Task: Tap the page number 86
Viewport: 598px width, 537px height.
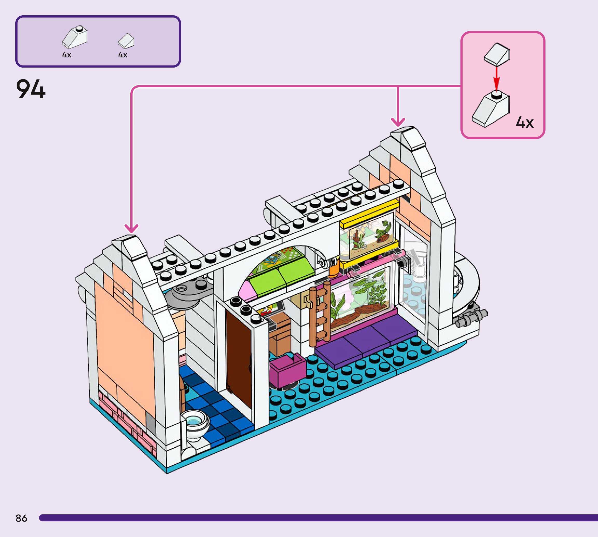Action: (x=21, y=518)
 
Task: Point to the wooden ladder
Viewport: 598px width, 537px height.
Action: (x=320, y=313)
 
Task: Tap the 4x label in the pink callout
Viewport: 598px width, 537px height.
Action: (x=525, y=122)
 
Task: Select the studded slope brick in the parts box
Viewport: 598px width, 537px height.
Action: (x=75, y=37)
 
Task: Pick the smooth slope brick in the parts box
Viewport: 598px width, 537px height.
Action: (x=126, y=41)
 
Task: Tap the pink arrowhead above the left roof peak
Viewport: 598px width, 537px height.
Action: (x=131, y=228)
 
